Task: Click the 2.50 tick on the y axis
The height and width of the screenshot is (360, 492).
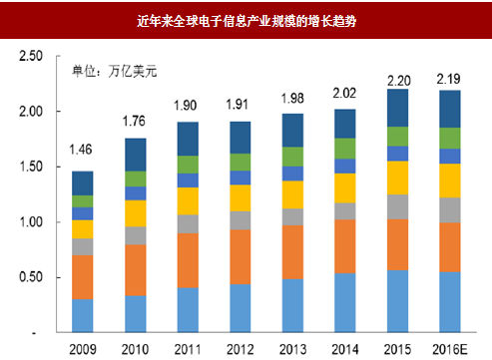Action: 29,57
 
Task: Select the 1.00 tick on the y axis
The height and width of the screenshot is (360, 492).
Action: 29,222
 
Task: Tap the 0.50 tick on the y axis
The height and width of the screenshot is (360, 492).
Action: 29,277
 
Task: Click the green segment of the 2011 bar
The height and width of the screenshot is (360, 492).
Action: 187,164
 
